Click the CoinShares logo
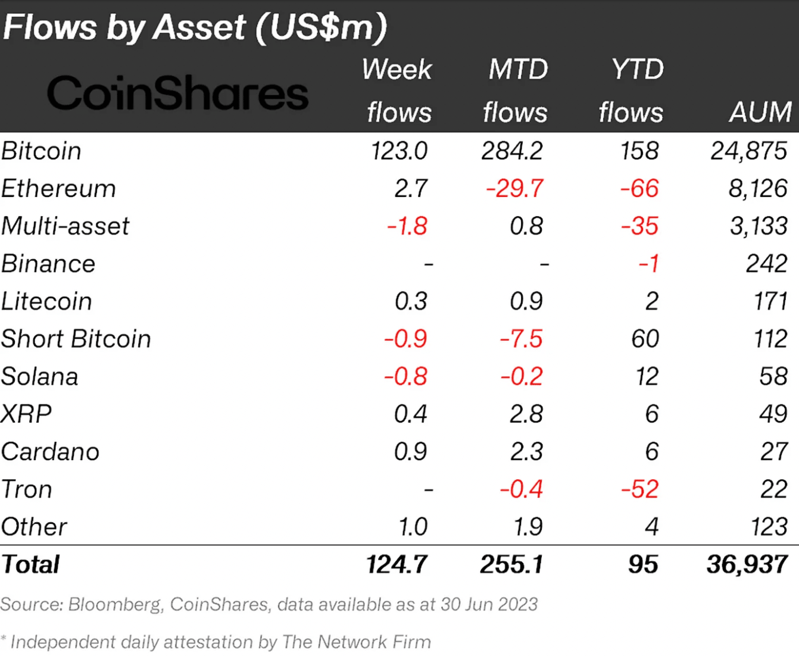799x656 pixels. tap(177, 93)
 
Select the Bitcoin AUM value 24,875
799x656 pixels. tap(748, 151)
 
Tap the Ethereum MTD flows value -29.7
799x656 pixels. tap(514, 189)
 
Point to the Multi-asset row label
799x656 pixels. tap(65, 226)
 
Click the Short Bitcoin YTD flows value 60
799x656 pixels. tap(645, 339)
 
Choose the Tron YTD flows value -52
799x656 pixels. tap(639, 489)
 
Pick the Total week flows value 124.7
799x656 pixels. tap(397, 564)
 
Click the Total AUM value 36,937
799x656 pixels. tap(747, 564)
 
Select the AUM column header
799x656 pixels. tap(760, 112)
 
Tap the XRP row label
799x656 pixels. tap(26, 414)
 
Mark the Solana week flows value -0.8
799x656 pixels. tap(405, 376)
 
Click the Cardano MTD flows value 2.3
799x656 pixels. tap(526, 451)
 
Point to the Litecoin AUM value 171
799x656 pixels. tap(770, 301)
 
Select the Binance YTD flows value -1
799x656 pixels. tap(648, 264)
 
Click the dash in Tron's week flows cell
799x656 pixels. tap(427, 490)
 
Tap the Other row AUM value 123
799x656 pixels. tap(769, 527)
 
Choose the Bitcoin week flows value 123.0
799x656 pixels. tap(399, 151)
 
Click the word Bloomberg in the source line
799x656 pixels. tap(114, 604)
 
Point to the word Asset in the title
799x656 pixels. tap(199, 27)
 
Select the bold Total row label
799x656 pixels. tap(30, 564)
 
